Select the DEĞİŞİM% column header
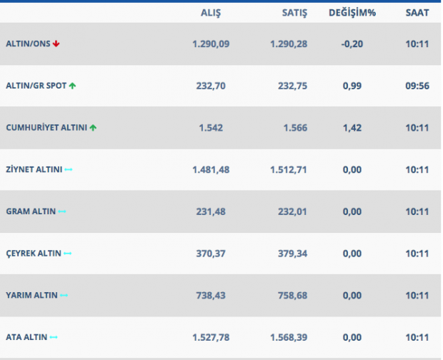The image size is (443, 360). [x=352, y=13]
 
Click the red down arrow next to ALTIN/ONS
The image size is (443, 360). [x=56, y=44]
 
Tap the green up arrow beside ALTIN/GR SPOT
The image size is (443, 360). [x=72, y=86]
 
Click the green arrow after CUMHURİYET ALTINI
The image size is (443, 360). [x=93, y=128]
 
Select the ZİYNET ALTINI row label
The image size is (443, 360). [x=34, y=170]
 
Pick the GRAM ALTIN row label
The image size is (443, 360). [x=31, y=211]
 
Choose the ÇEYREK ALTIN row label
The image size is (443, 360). [x=33, y=254]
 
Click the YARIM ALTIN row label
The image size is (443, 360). [x=31, y=295]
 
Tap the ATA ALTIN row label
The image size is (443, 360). [x=27, y=337]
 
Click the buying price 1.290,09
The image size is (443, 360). [x=211, y=44]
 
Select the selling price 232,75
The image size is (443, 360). [x=292, y=86]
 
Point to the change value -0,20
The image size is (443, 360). [x=352, y=44]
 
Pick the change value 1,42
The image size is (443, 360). [x=352, y=128]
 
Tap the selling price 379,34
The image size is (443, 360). [x=292, y=254]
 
